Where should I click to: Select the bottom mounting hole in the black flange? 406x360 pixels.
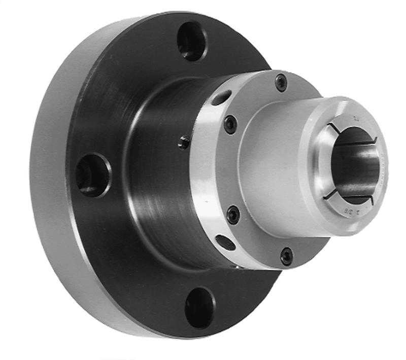click(199, 308)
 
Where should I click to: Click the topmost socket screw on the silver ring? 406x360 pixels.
click(281, 83)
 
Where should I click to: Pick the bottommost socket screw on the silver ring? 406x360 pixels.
click(286, 256)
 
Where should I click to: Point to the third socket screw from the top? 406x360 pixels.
click(233, 214)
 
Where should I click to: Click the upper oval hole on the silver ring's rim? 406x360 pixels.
click(221, 98)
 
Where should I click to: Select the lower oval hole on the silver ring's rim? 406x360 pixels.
click(225, 242)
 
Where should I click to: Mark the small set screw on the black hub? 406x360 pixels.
click(184, 144)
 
